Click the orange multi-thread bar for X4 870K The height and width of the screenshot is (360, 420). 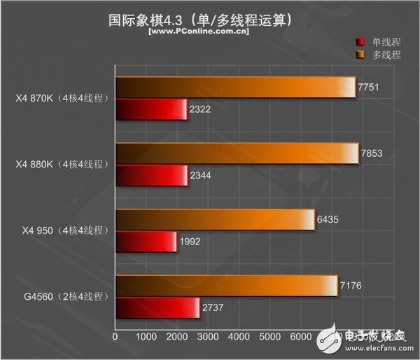[x=235, y=87]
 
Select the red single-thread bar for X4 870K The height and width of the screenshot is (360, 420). [x=151, y=110]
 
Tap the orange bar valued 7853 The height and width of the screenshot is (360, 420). [x=237, y=153]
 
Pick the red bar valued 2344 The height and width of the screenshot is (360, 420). [x=152, y=176]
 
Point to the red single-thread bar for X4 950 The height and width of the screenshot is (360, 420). [x=146, y=242]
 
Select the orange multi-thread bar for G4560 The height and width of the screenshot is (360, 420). [x=226, y=286]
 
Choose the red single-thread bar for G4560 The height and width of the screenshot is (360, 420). [x=157, y=308]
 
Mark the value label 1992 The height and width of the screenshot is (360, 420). [x=190, y=242]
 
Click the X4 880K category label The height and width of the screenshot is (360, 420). [x=62, y=165]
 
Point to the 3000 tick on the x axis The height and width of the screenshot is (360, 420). [x=208, y=337]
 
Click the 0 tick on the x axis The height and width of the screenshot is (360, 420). [x=115, y=337]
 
